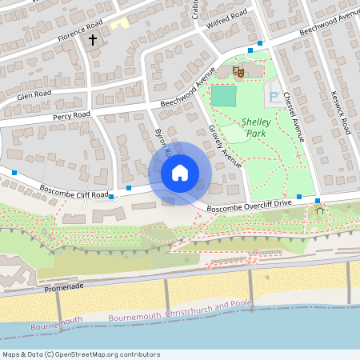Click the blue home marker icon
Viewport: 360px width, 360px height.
click(x=180, y=172)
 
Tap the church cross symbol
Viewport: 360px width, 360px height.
click(x=93, y=38)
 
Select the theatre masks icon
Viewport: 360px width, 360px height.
click(x=238, y=72)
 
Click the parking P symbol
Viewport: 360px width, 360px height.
click(x=274, y=98)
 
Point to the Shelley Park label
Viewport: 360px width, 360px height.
click(x=258, y=128)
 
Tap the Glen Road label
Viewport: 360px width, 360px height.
click(x=34, y=95)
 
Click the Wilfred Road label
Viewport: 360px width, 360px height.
click(x=230, y=18)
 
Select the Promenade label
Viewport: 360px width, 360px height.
click(x=64, y=286)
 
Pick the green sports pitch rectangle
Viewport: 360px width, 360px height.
click(x=225, y=95)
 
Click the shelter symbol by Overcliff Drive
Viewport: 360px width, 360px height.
click(x=321, y=210)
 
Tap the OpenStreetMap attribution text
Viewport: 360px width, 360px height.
click(x=82, y=354)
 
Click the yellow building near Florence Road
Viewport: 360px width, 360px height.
click(x=119, y=23)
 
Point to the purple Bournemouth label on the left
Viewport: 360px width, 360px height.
click(x=57, y=326)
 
